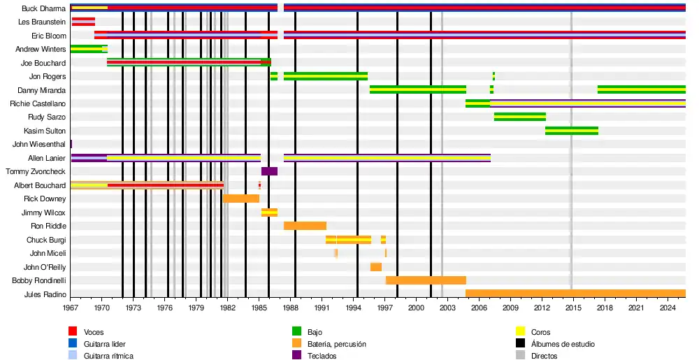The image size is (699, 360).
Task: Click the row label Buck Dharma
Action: pyautogui.click(x=43, y=9)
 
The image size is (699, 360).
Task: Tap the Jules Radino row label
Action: pyautogui.click(x=45, y=294)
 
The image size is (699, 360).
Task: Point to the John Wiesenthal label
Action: pyautogui.click(x=39, y=145)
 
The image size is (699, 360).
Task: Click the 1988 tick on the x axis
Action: pyautogui.click(x=291, y=308)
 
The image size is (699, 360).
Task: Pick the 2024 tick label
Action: pyautogui.click(x=668, y=308)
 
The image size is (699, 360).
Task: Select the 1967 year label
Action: pyautogui.click(x=71, y=308)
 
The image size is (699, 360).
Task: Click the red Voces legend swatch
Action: pyautogui.click(x=73, y=332)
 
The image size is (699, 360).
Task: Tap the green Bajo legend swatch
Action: pyautogui.click(x=296, y=332)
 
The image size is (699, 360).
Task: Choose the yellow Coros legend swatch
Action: pyautogui.click(x=520, y=332)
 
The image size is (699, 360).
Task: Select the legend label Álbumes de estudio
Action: pyautogui.click(x=563, y=344)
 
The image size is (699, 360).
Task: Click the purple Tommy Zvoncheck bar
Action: pyautogui.click(x=269, y=171)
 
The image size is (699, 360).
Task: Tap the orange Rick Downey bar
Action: pyautogui.click(x=241, y=199)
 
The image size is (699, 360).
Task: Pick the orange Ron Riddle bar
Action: pyautogui.click(x=305, y=226)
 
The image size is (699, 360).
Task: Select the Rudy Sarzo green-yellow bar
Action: pyautogui.click(x=519, y=117)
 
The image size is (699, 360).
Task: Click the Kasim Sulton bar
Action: pyautogui.click(x=572, y=131)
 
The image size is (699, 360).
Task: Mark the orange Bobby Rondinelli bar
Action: pyautogui.click(x=426, y=280)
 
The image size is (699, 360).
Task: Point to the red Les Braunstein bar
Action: pyautogui.click(x=83, y=22)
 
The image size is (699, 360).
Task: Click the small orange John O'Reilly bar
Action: pyautogui.click(x=376, y=267)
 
